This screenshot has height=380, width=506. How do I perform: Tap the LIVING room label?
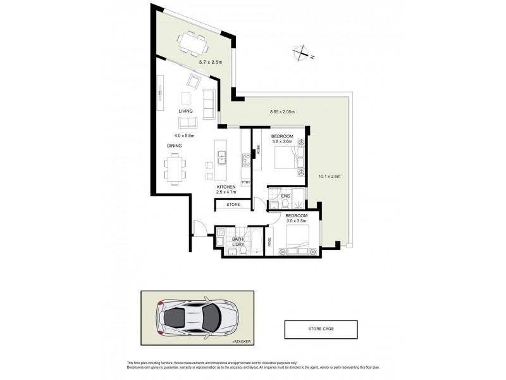click(185, 111)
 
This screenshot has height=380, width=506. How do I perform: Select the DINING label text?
click(175, 146)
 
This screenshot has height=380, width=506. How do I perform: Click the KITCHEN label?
click(226, 187)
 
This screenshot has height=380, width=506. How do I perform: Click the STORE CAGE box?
click(321, 329)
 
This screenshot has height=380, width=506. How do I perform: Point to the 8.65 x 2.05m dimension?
click(283, 112)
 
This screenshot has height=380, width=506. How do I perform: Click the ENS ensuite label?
click(285, 196)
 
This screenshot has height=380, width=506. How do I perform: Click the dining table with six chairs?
click(175, 168)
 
